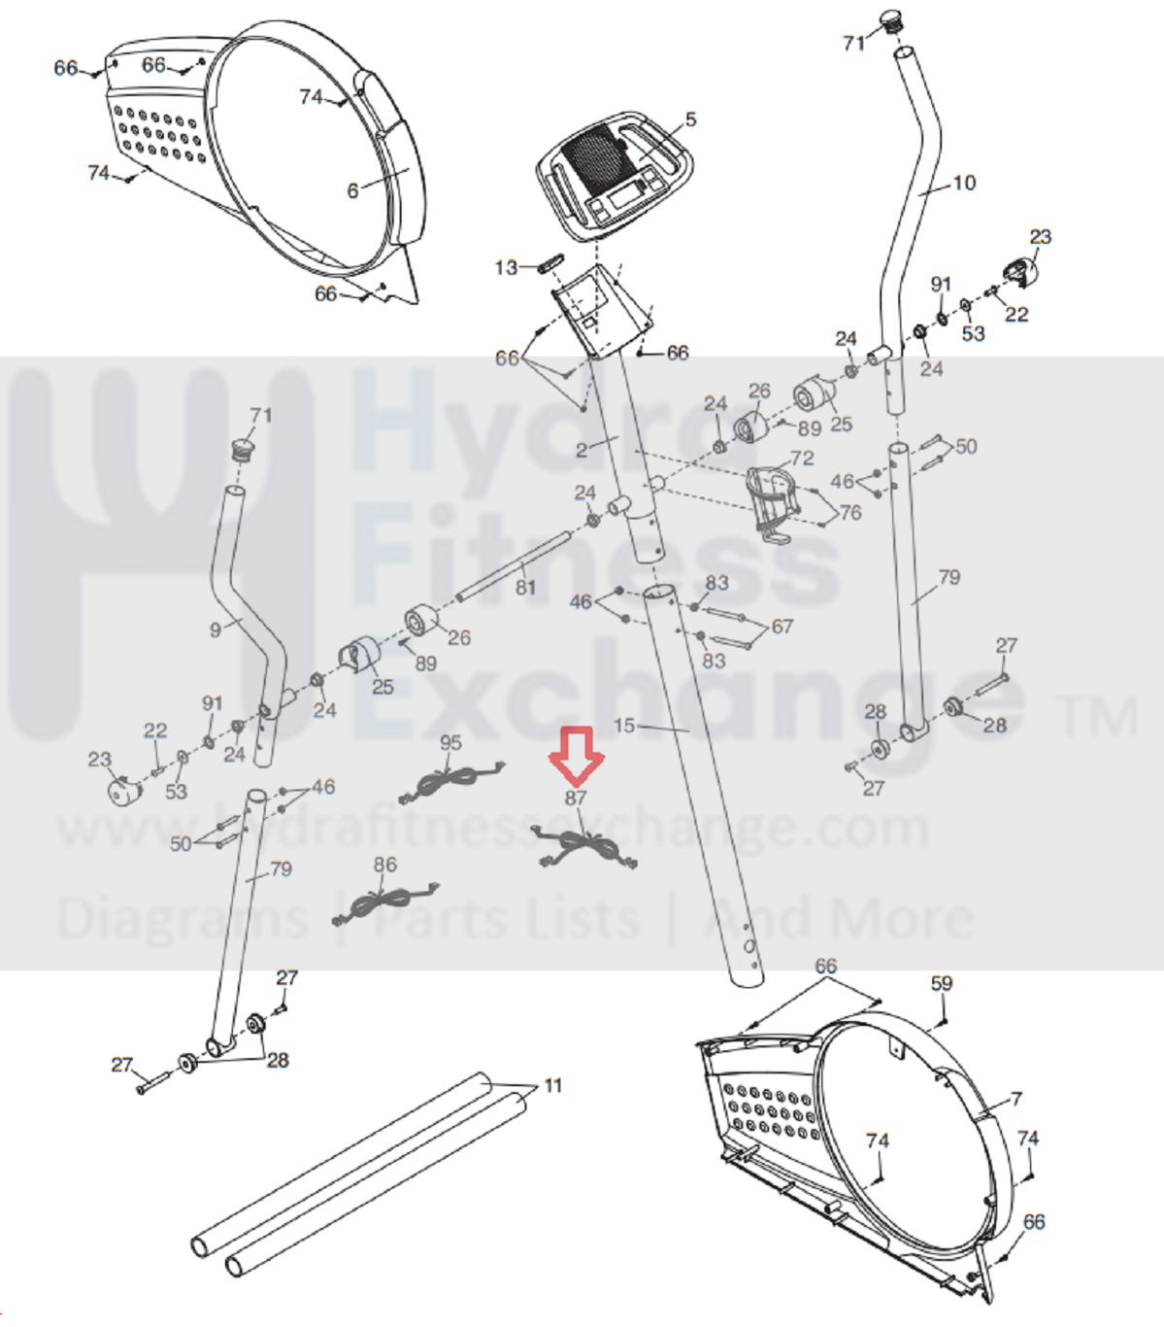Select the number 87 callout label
click(x=576, y=798)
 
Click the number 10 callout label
click(x=964, y=183)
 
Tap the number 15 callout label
click(x=624, y=725)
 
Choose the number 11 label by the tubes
click(x=552, y=1085)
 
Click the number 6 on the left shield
click(x=352, y=190)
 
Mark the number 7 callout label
click(x=1015, y=1099)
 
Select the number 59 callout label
click(x=941, y=983)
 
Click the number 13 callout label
click(x=506, y=267)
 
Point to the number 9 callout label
click(x=215, y=629)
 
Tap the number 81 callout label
click(x=525, y=588)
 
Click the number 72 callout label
click(x=802, y=458)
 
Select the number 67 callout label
click(x=782, y=627)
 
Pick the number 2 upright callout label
click(x=581, y=449)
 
